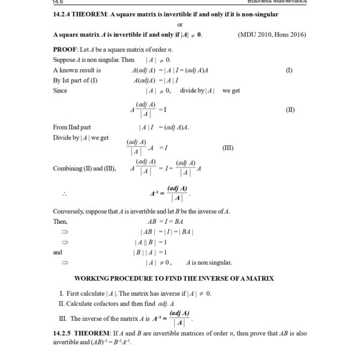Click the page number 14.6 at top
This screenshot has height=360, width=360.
coord(59,2)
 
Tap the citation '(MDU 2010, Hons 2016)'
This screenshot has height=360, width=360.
coord(272,34)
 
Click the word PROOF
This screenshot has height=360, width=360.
coord(65,49)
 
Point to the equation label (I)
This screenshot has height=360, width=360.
coord(289,70)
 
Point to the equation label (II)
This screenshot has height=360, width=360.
coord(289,110)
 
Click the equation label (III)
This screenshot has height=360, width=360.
coord(228,148)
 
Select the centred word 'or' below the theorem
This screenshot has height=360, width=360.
coord(180,24)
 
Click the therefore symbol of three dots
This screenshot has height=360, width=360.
coord(64,194)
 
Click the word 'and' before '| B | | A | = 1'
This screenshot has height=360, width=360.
coord(58,252)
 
